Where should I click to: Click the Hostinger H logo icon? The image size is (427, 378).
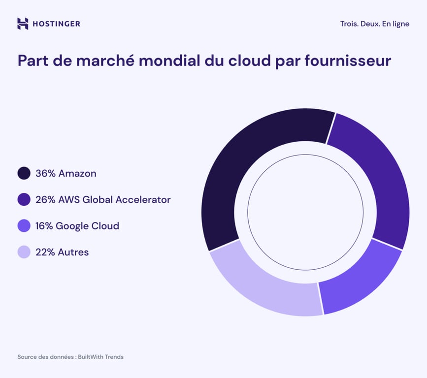[23, 24]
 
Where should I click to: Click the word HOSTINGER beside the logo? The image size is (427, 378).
[56, 24]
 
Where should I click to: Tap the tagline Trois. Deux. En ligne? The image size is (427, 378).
[374, 24]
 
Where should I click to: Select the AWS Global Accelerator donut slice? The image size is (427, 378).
[379, 182]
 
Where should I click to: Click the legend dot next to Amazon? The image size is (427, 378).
[24, 173]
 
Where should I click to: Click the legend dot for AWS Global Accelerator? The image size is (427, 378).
[24, 199]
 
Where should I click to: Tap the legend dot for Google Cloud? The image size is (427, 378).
[24, 226]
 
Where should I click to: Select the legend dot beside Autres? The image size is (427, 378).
[24, 252]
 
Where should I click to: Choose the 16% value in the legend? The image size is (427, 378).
[44, 226]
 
